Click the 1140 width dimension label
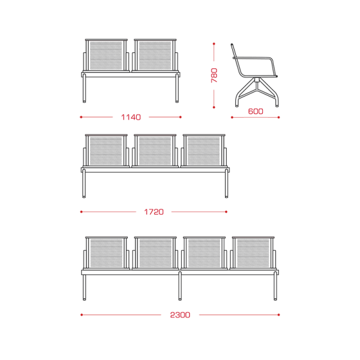[x=131, y=118]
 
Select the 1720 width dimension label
[x=154, y=212]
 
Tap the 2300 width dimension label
[x=180, y=315]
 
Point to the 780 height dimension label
[x=214, y=76]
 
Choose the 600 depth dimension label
[x=256, y=112]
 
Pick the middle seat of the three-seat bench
[x=155, y=151]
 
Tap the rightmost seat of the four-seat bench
[x=253, y=253]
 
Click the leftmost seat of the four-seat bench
[x=106, y=253]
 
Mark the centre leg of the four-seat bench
[x=180, y=286]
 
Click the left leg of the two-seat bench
[x=84, y=88]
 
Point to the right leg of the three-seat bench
[x=227, y=183]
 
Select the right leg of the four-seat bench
[x=275, y=286]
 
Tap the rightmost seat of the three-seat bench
[x=204, y=151]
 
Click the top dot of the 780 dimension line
[x=214, y=44]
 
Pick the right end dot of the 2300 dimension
[x=279, y=315]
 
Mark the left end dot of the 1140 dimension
[x=81, y=117]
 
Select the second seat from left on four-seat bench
[x=155, y=253]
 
